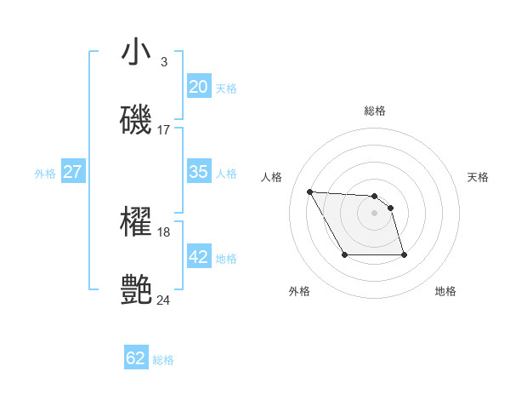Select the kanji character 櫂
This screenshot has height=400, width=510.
point(136,223)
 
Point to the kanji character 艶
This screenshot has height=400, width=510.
point(136,289)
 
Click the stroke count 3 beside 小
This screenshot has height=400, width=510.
point(163,62)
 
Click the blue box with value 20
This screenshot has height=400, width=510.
point(199,87)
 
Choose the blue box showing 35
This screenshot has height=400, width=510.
point(199,172)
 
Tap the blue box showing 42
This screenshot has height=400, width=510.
point(199,257)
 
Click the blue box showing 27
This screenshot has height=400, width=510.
point(72,172)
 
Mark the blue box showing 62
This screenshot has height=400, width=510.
point(136,358)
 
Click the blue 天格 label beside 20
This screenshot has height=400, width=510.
point(226,89)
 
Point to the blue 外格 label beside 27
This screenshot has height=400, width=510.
point(45,174)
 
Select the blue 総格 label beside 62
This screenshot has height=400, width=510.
point(163,360)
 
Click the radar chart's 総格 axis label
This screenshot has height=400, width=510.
point(375,111)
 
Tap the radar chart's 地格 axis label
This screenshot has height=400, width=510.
point(445,291)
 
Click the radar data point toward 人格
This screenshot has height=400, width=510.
point(310,191)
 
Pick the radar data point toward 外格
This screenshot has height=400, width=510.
point(344,254)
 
